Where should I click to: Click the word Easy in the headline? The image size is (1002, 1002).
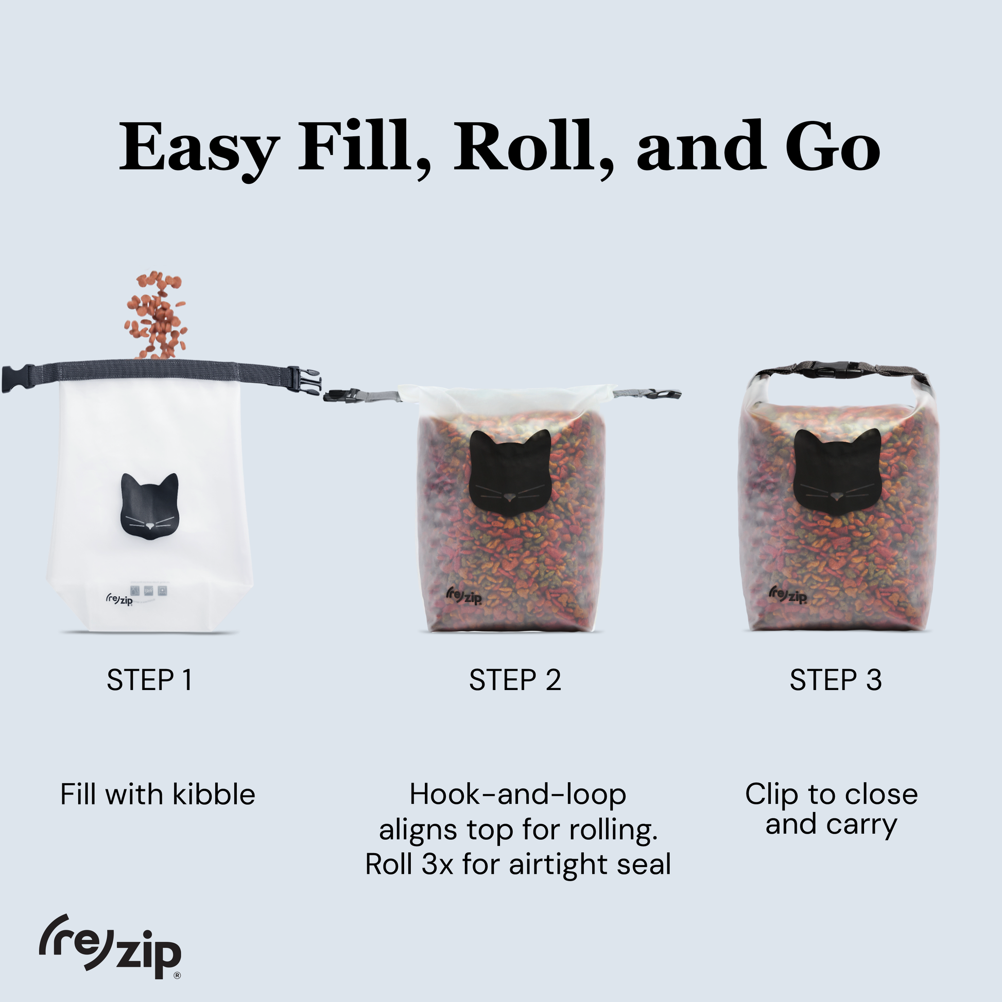199,147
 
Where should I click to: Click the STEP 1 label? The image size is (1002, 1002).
149,680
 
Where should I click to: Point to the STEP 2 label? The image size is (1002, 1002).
515,680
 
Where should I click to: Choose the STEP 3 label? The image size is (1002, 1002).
836,680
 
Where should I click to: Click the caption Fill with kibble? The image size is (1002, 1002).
158,794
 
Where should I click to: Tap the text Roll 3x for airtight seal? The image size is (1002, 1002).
518,864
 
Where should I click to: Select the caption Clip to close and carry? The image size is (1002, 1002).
832,809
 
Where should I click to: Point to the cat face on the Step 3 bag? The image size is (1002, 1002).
837,472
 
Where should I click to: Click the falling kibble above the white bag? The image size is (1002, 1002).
156,314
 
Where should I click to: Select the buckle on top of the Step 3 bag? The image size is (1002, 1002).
828,368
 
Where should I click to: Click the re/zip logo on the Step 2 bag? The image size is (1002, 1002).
463,596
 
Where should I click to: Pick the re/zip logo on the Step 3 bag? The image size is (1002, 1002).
788,595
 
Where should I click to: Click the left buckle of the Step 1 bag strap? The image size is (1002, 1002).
17,378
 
